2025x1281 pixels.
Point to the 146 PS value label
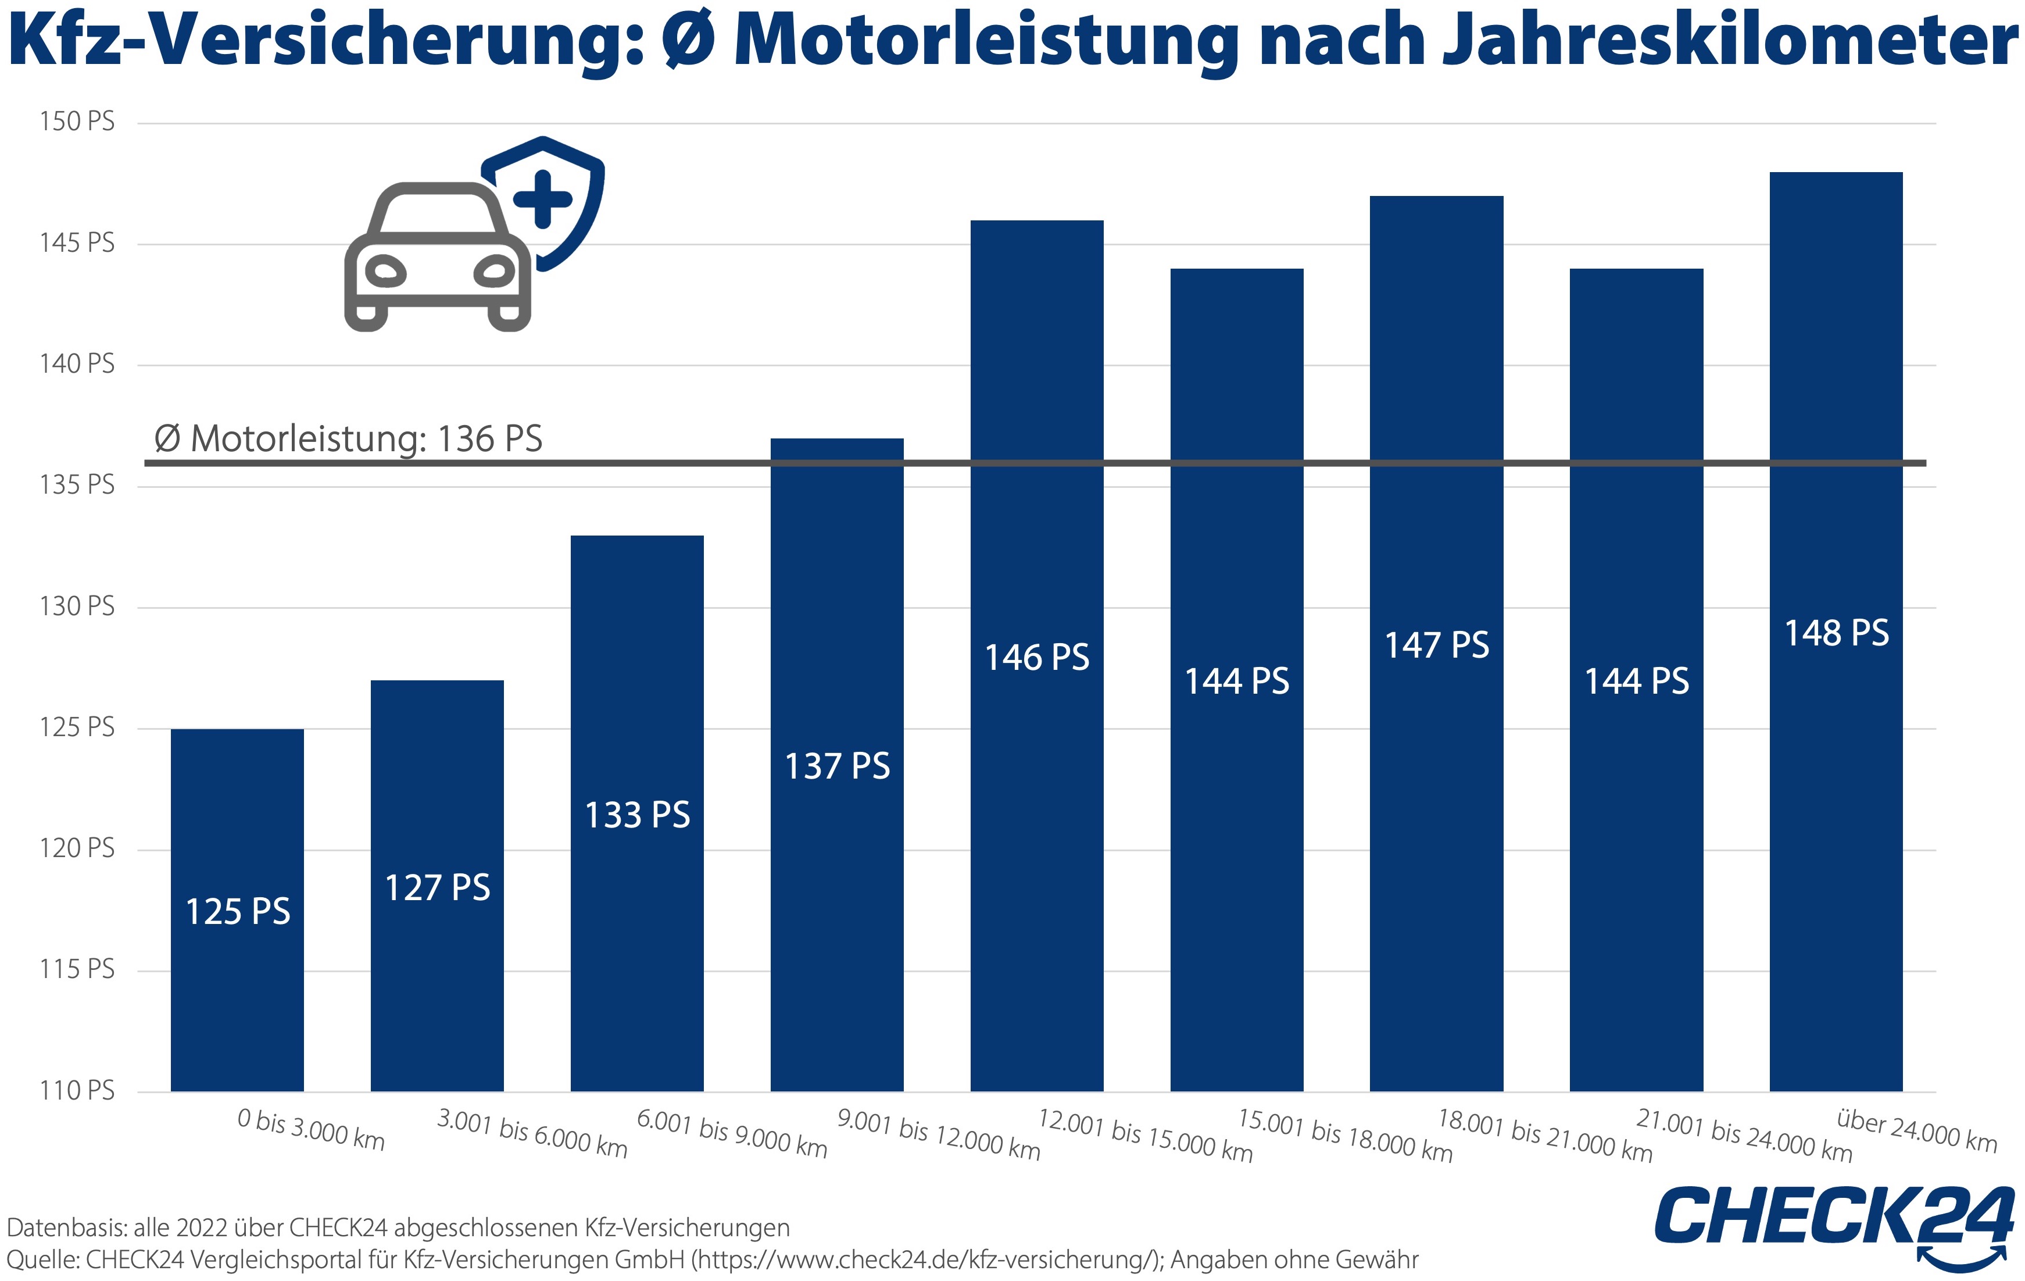coord(1036,658)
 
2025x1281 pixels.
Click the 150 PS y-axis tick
coord(77,122)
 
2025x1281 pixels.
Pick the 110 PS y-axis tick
coord(77,1091)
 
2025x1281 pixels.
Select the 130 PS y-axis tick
coord(77,606)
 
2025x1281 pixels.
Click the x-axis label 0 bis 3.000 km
coord(310,1130)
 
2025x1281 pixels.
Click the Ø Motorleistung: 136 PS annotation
coord(348,439)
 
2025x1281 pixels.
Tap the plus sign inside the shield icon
coord(542,199)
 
